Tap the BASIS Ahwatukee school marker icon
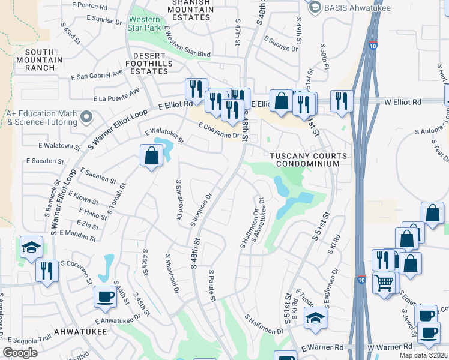tap(314, 6)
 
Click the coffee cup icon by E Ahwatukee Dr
tap(106, 296)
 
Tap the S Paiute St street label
tap(212, 286)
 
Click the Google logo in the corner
tap(20, 353)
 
